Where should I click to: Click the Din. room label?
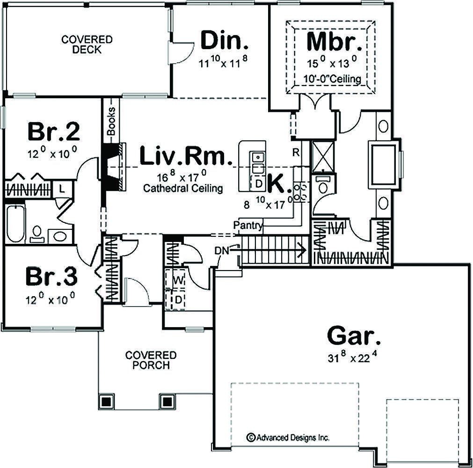[224, 41]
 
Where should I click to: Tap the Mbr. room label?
[334, 41]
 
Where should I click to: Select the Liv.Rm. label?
[186, 157]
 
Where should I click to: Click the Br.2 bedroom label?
[54, 132]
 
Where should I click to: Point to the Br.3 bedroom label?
[51, 277]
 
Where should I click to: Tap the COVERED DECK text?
[87, 44]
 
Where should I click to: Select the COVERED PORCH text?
[151, 360]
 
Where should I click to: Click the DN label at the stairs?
[222, 250]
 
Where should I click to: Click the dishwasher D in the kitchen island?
[258, 183]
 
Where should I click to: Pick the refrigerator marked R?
[296, 152]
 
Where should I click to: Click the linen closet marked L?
[61, 189]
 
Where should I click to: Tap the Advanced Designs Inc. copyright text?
[289, 438]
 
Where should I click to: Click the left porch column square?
[106, 401]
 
